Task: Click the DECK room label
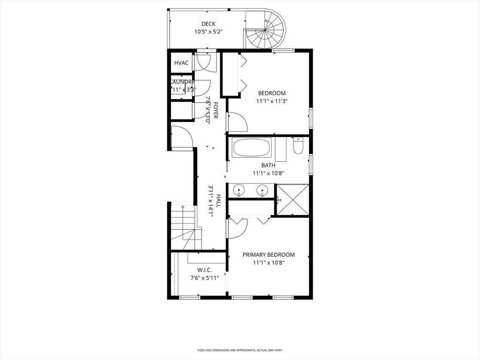pyautogui.click(x=208, y=24)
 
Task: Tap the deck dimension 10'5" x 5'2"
pyautogui.click(x=208, y=32)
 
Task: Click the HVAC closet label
pyautogui.click(x=181, y=63)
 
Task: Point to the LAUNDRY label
pyautogui.click(x=182, y=82)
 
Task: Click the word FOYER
pyautogui.click(x=216, y=110)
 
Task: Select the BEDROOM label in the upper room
pyautogui.click(x=271, y=93)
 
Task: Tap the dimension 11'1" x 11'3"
pyautogui.click(x=271, y=101)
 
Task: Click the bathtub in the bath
pyautogui.click(x=252, y=148)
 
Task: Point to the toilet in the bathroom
pyautogui.click(x=298, y=147)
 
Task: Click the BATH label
pyautogui.click(x=268, y=165)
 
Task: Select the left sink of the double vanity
pyautogui.click(x=240, y=190)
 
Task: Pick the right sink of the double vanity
pyautogui.click(x=262, y=190)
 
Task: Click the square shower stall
pyautogui.click(x=292, y=199)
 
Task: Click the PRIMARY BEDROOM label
pyautogui.click(x=268, y=255)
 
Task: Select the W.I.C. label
pyautogui.click(x=204, y=270)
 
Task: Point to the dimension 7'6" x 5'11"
pyautogui.click(x=204, y=278)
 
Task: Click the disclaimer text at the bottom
pyautogui.click(x=240, y=350)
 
